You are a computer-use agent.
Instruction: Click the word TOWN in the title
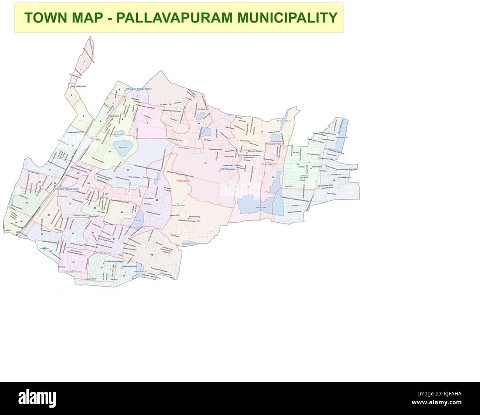point(40,17)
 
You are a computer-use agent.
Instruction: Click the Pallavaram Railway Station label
point(139,89)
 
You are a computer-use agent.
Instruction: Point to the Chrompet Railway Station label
point(67,189)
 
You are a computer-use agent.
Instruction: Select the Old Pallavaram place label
point(228,169)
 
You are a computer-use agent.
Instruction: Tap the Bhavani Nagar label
point(254,151)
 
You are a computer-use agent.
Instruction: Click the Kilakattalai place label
point(317,167)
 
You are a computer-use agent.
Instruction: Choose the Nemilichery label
point(195,217)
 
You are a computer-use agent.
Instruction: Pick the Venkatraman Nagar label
point(113,261)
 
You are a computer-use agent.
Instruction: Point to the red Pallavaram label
point(183,181)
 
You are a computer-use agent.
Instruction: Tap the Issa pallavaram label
point(79,86)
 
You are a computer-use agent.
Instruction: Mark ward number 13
point(261,131)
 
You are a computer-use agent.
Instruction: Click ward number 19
point(151,255)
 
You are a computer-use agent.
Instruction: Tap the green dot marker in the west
point(40,187)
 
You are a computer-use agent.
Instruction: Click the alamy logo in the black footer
point(37,399)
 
